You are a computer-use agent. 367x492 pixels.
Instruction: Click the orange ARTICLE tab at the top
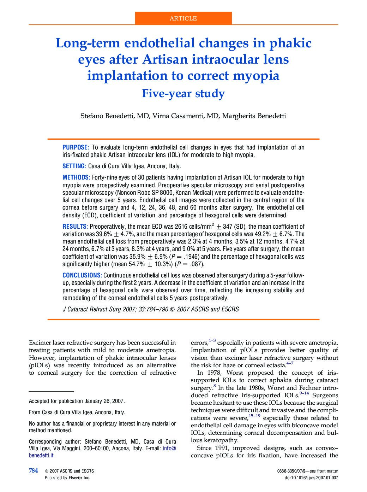[183, 18]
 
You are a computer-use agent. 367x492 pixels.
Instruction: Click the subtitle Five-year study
[183, 94]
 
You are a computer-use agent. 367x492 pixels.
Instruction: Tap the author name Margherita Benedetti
[254, 116]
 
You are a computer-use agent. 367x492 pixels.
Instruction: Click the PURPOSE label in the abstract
[75, 147]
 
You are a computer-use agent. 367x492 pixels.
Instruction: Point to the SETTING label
[74, 166]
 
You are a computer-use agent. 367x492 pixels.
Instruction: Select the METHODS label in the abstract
[76, 177]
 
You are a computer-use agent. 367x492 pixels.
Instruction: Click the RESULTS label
[75, 227]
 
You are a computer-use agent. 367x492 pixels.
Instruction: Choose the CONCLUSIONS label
[82, 275]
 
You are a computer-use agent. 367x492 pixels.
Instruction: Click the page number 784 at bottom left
[33, 470]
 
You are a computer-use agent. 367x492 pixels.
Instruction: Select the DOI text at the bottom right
[311, 478]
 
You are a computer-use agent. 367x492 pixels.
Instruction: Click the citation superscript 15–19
[254, 416]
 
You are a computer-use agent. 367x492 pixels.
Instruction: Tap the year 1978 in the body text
[213, 373]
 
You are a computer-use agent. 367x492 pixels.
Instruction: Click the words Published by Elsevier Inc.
[67, 478]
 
